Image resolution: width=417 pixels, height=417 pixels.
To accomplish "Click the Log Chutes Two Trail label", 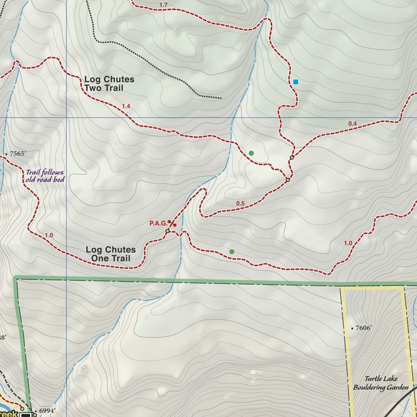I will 109,84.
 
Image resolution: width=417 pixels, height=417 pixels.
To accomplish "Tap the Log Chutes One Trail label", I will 111,254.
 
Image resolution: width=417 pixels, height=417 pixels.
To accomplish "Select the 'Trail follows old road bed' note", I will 45,176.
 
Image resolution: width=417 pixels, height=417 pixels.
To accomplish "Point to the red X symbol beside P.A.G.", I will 171,223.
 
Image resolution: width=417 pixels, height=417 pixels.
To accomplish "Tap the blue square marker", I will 296,82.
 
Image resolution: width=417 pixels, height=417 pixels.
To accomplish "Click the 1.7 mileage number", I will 163,5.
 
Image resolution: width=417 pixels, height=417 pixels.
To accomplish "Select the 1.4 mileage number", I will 127,106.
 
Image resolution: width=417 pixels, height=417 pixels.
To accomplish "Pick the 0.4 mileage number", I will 352,124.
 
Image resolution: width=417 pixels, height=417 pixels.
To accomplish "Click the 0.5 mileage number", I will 241,204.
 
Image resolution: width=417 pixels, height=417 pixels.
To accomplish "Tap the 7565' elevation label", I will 16,154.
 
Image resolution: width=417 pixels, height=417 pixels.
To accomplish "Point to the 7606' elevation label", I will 365,328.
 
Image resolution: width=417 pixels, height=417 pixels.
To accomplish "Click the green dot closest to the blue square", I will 251,153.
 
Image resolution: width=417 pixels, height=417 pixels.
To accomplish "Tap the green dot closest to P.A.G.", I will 232,251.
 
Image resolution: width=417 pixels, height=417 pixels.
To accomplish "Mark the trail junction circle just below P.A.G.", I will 168,231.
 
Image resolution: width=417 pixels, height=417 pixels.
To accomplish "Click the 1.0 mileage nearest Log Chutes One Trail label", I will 49,235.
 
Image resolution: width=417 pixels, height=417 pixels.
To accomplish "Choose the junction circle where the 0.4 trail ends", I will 292,157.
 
